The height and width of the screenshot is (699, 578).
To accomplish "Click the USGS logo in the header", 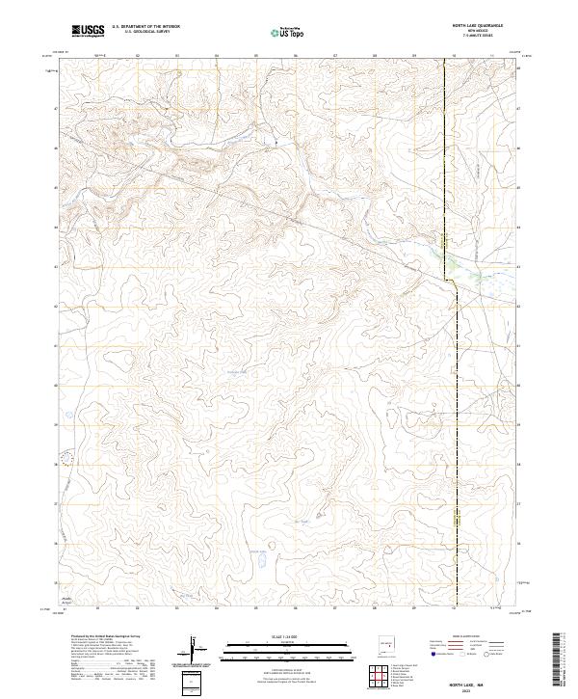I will coord(89,32).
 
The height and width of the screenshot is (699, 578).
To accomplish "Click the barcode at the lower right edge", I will coord(563,657).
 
